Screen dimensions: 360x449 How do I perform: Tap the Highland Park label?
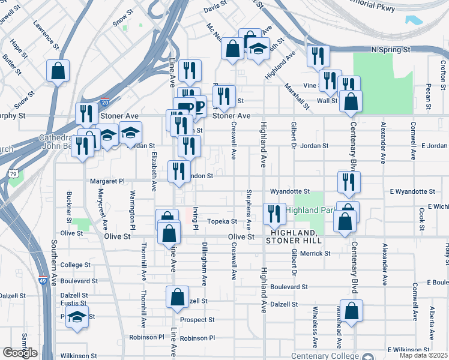point(310,210)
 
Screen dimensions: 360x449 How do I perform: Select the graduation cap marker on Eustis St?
point(77,317)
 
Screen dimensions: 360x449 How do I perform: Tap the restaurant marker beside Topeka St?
point(274,214)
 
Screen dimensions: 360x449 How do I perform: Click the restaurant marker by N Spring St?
point(318,56)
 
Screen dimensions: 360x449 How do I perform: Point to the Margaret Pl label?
point(106,181)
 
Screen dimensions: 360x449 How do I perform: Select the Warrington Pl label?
point(133,207)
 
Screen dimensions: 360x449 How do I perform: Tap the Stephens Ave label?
point(249,209)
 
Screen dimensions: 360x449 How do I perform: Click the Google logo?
point(20,353)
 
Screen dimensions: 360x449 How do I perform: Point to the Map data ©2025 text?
point(423,355)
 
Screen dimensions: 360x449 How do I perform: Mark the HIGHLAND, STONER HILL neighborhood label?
point(293,236)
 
